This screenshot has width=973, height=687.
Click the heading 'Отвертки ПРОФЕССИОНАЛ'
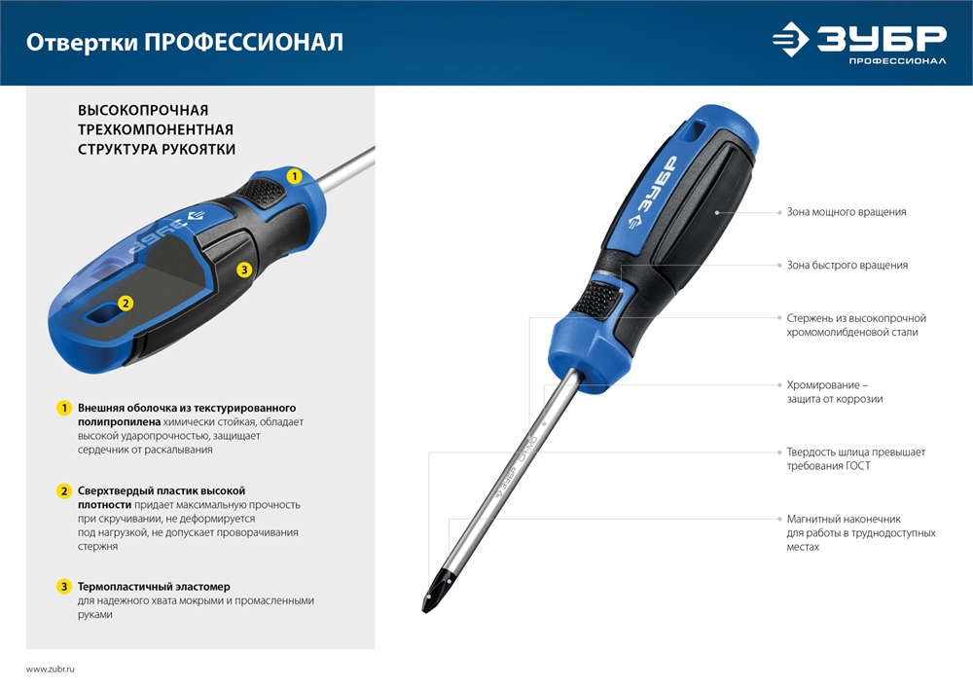click(184, 43)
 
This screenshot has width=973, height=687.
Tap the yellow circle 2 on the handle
click(125, 303)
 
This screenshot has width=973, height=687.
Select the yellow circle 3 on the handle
click(244, 270)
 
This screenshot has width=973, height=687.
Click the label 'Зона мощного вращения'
click(846, 212)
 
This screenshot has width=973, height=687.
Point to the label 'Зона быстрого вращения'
click(847, 265)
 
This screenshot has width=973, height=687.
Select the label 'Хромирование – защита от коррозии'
click(835, 392)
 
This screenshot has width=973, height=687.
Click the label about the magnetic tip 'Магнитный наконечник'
click(860, 533)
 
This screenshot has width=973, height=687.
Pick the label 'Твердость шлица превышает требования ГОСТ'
click(855, 459)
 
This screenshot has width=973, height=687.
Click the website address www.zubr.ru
click(51, 669)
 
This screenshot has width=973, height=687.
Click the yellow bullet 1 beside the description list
click(64, 408)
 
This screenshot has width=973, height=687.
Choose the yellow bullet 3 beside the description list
click(64, 587)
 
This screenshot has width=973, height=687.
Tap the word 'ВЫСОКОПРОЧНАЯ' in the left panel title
click(143, 111)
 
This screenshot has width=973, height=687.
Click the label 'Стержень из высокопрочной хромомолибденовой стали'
click(855, 325)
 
